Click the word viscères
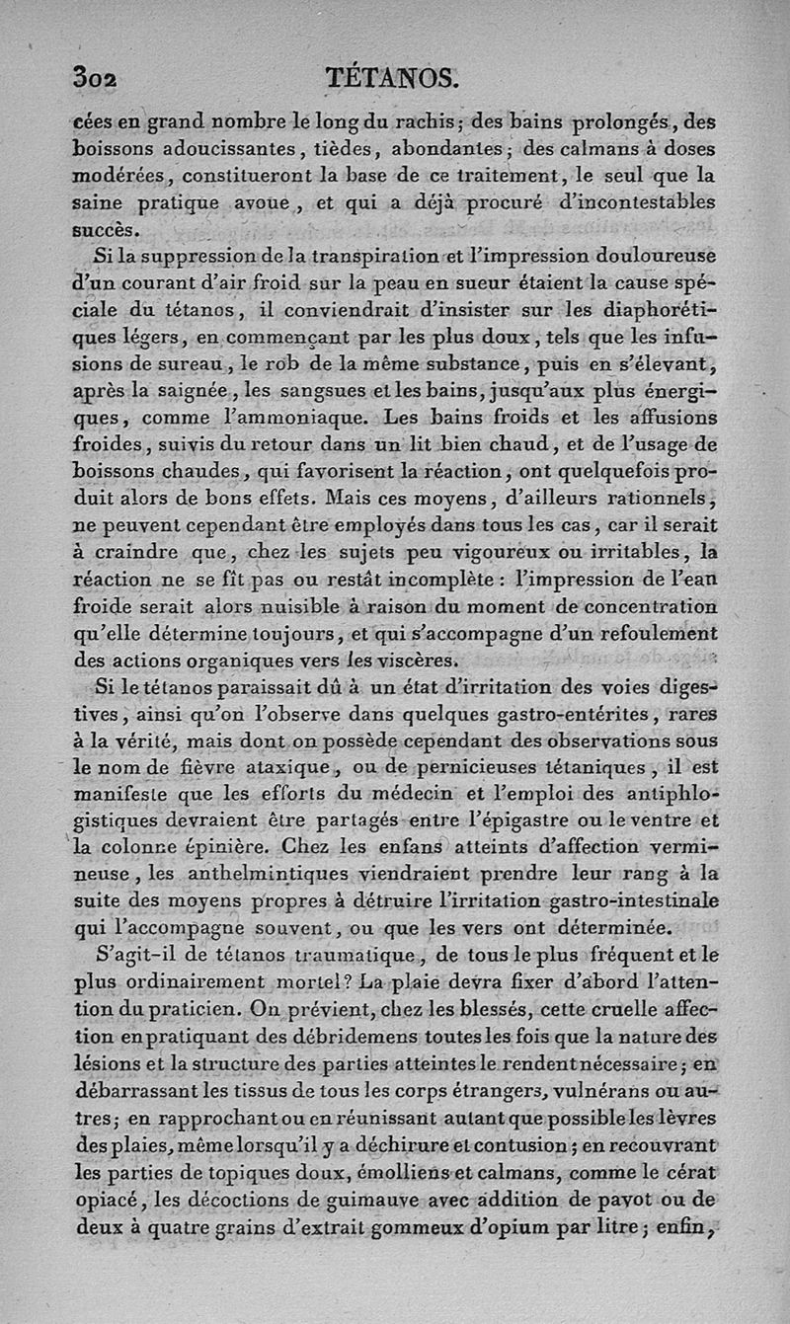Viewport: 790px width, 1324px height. pyautogui.click(x=405, y=659)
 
